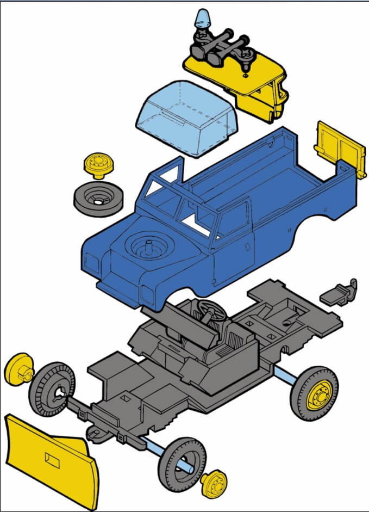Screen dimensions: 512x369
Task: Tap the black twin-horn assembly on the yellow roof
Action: [223, 50]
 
